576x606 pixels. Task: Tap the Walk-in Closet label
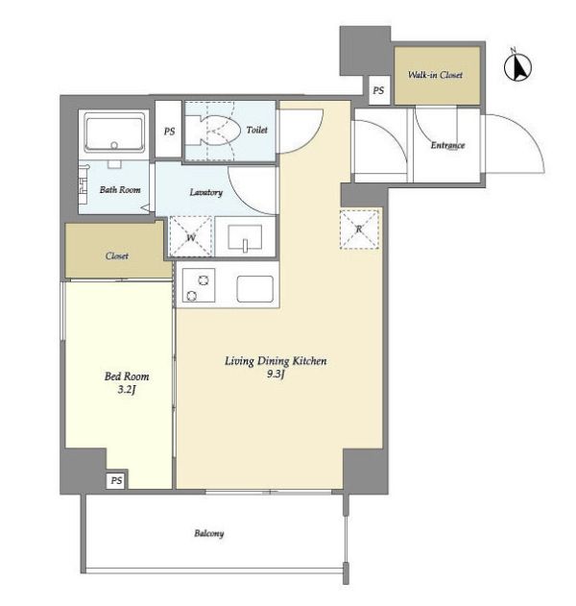coord(436,75)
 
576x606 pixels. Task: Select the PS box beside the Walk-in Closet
coord(378,90)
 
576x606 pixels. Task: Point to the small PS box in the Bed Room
coord(116,480)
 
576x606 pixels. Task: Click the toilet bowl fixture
coord(212,131)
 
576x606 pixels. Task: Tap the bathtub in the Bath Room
coord(114,132)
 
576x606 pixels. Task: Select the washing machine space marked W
coord(191,236)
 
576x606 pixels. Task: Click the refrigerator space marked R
coord(359,230)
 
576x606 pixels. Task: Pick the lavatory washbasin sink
coord(245,237)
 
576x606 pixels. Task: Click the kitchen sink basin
coord(255,289)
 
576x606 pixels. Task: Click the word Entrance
coord(447,145)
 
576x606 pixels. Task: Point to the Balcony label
coord(209,534)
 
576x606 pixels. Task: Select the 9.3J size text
coord(276,375)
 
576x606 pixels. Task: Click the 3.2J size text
coord(127,390)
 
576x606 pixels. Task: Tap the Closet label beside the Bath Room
coord(117,255)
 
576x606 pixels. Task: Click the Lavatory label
coord(205,192)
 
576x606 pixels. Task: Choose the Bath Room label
coord(120,190)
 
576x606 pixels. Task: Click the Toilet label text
coord(257,130)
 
